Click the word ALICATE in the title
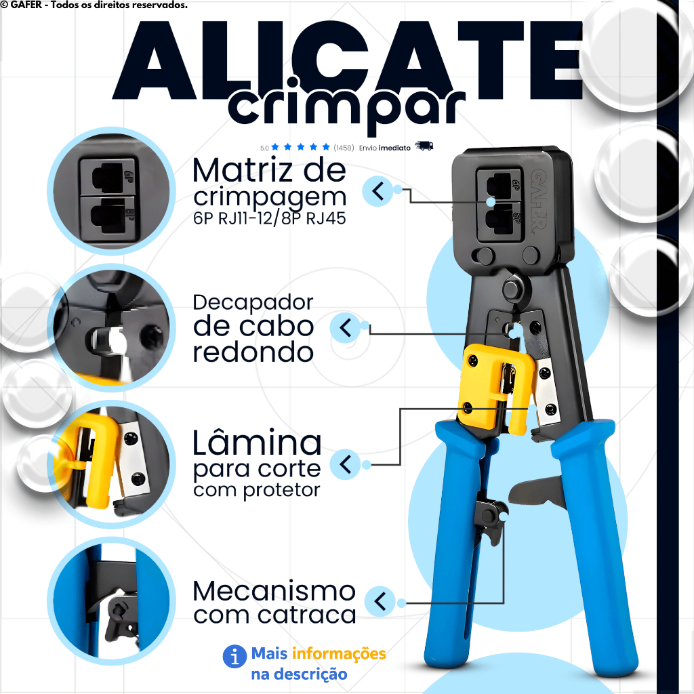click(x=348, y=60)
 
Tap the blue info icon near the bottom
click(x=234, y=656)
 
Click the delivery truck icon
click(x=424, y=146)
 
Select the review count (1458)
click(x=344, y=148)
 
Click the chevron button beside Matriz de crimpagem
click(x=377, y=191)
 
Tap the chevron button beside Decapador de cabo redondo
click(x=345, y=328)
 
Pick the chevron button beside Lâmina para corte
click(x=345, y=464)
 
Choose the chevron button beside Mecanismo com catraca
click(x=380, y=602)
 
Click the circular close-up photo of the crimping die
click(x=112, y=190)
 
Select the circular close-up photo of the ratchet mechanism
click(x=112, y=601)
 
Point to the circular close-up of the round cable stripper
click(x=112, y=327)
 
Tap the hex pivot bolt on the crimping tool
click(x=512, y=288)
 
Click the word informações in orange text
click(x=339, y=654)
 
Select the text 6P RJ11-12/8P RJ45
click(x=270, y=218)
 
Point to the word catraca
click(x=307, y=615)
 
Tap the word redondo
click(x=253, y=352)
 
